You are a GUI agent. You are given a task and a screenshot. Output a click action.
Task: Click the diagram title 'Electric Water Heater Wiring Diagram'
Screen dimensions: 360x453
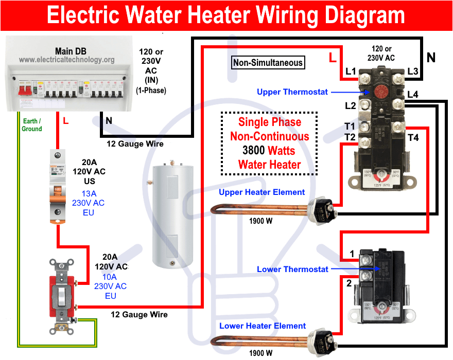click(x=226, y=16)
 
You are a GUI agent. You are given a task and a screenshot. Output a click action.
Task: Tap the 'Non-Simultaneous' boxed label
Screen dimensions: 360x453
click(x=268, y=63)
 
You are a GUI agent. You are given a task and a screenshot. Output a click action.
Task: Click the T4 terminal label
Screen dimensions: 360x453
click(x=413, y=137)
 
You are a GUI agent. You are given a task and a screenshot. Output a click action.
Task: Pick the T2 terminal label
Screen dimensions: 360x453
click(x=350, y=137)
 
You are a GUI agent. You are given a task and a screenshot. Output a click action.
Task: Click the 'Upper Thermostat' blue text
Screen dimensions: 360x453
click(x=292, y=92)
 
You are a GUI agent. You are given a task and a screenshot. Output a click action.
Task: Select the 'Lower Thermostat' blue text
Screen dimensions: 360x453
click(x=292, y=269)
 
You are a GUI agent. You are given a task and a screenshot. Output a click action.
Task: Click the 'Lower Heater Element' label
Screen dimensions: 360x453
click(x=263, y=326)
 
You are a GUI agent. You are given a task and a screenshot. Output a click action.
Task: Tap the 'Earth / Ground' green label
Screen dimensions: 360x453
click(x=31, y=125)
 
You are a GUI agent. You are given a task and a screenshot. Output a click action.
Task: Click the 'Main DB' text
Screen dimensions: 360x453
click(x=71, y=51)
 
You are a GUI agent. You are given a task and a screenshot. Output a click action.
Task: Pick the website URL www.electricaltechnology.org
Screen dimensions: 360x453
click(x=67, y=60)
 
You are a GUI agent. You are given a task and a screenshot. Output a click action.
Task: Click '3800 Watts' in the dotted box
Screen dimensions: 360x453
click(x=269, y=151)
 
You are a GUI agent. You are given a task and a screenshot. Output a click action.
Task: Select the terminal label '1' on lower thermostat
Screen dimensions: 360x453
click(x=352, y=254)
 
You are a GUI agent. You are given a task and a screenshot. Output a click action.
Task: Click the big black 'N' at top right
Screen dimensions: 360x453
click(x=431, y=58)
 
